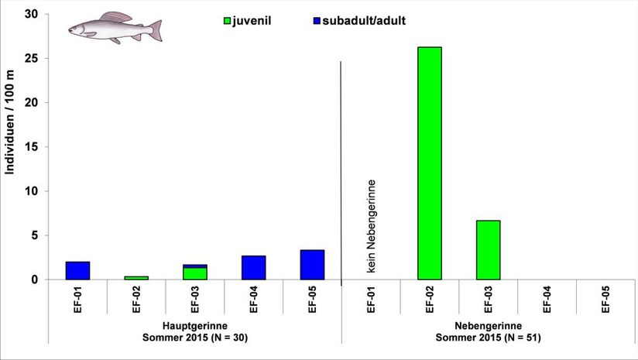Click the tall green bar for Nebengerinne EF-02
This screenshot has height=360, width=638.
click(429, 163)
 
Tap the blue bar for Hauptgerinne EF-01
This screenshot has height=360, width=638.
click(77, 270)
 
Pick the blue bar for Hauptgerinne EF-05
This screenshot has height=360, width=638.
click(312, 264)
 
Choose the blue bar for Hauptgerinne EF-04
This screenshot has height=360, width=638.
click(253, 267)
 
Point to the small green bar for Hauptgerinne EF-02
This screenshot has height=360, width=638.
click(136, 277)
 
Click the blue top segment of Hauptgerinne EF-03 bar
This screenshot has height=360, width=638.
click(195, 266)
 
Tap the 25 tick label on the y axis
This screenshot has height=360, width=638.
click(33, 58)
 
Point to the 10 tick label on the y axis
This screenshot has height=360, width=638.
click(33, 191)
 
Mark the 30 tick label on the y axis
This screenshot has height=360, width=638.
click(33, 14)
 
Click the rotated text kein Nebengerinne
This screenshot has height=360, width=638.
click(372, 226)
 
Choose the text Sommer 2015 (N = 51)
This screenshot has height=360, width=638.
click(487, 338)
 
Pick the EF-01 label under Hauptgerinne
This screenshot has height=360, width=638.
click(77, 298)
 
